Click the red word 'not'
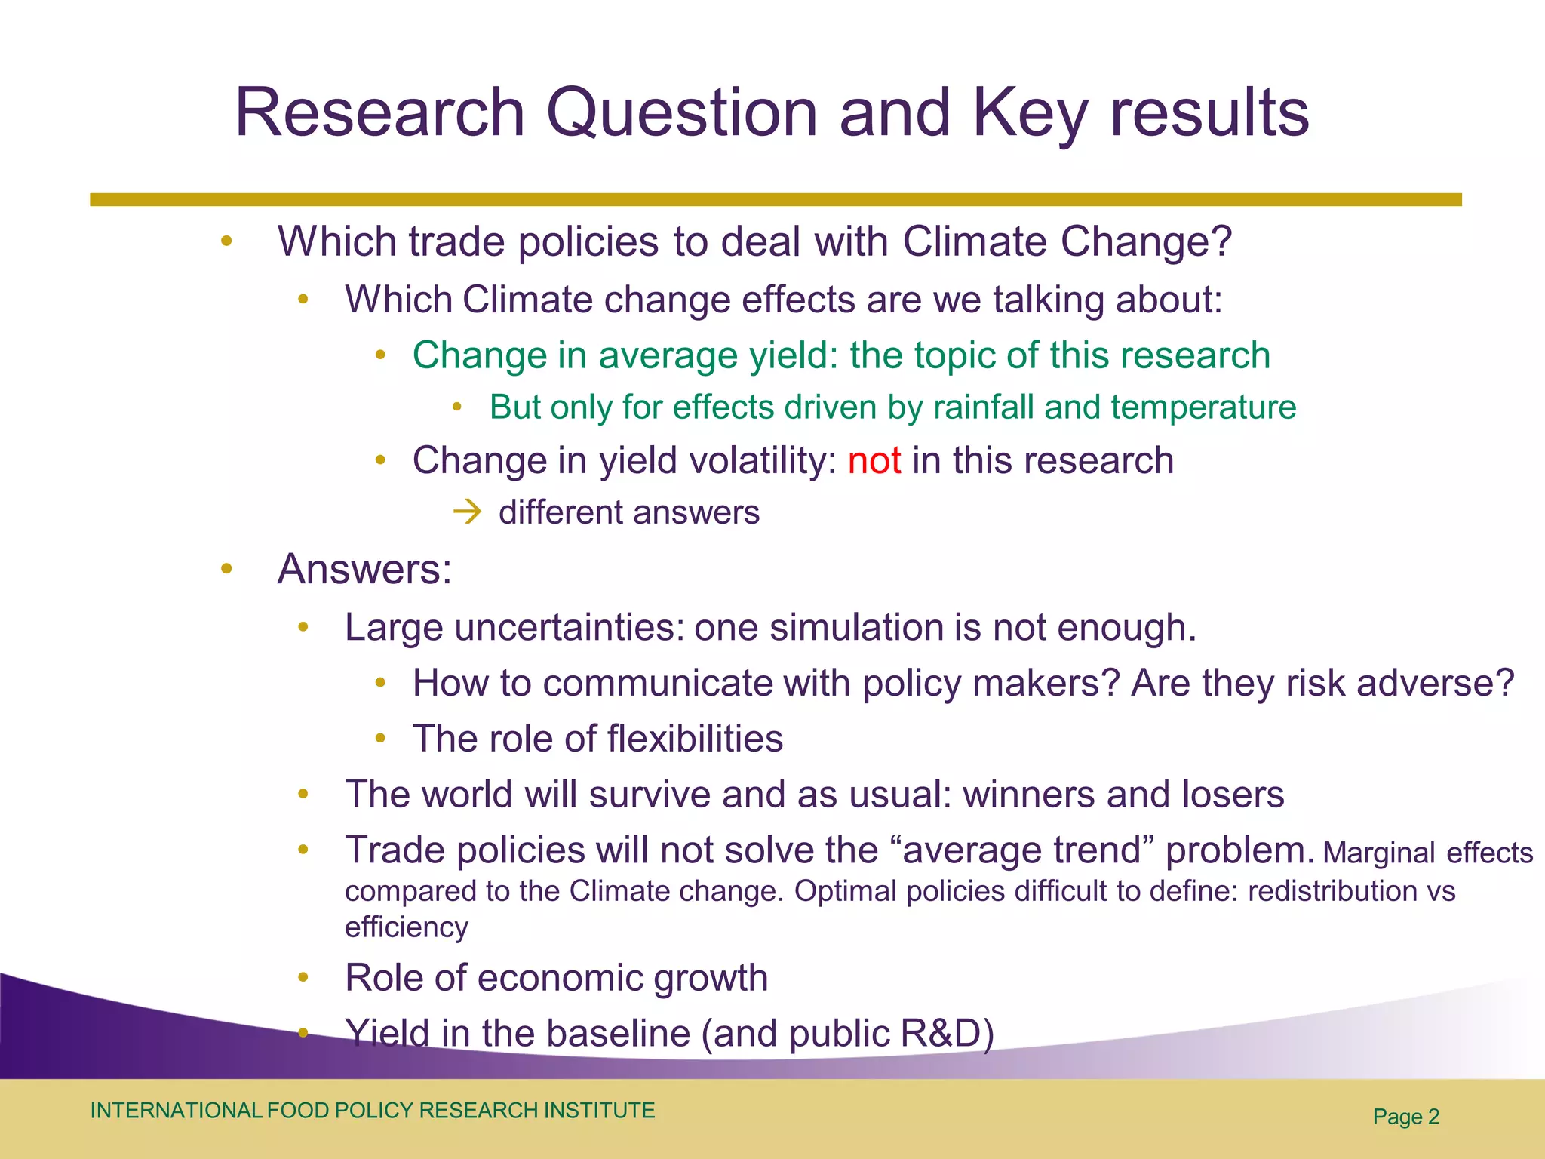(874, 460)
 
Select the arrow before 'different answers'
(468, 513)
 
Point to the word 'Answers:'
(364, 569)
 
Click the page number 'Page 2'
(1405, 1117)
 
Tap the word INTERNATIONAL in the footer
(175, 1111)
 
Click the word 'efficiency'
(407, 927)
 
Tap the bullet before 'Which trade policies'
(226, 242)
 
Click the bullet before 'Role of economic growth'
(303, 978)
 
